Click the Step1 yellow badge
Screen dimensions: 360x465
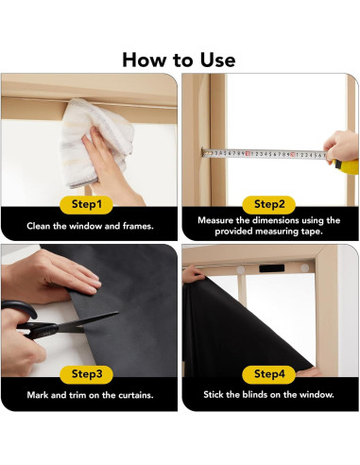click(86, 204)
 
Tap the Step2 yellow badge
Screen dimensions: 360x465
click(268, 204)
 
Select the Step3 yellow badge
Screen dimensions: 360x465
click(86, 374)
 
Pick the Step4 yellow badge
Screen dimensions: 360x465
click(268, 374)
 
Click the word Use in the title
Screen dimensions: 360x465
click(217, 60)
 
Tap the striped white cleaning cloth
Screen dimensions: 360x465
click(96, 142)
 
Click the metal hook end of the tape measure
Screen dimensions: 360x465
click(205, 153)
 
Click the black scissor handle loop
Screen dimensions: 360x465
click(20, 309)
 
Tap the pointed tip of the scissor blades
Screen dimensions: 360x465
click(117, 313)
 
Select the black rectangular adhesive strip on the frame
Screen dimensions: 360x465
click(271, 268)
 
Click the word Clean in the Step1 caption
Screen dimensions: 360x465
click(39, 226)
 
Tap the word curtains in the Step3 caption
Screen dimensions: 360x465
click(136, 395)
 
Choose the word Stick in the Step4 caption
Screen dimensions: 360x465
click(214, 394)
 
